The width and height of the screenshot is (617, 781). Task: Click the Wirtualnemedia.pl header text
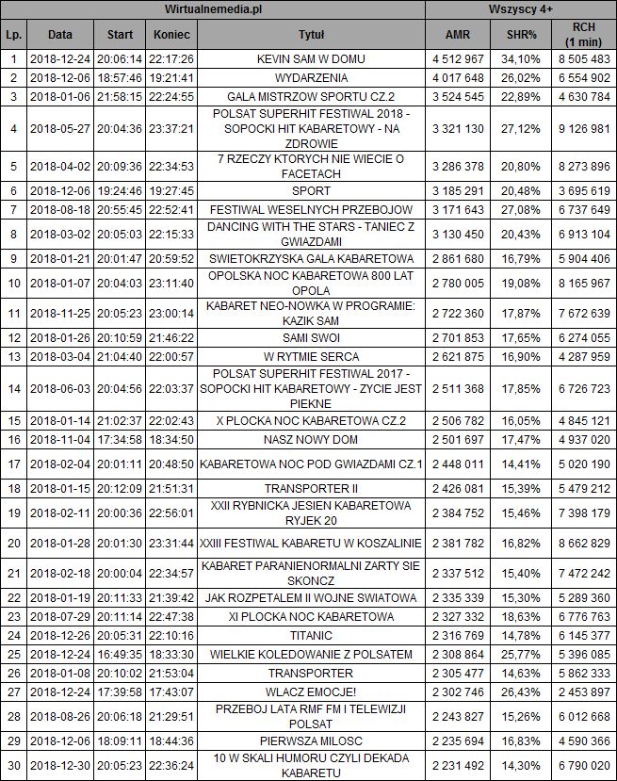click(213, 8)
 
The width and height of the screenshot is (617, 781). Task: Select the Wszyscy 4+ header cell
click(520, 8)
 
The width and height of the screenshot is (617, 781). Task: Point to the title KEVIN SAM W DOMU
click(311, 58)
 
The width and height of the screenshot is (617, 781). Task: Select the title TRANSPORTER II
click(311, 488)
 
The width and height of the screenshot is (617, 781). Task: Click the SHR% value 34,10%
click(522, 58)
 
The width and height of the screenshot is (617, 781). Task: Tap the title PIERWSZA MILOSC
click(311, 741)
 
